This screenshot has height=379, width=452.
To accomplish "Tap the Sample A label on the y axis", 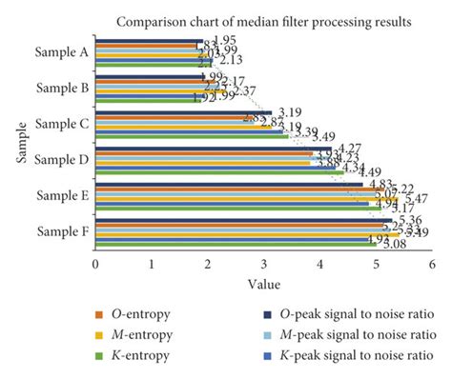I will [x=63, y=53].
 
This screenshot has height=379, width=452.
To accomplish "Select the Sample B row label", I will [x=63, y=89].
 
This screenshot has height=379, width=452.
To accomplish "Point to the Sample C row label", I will [x=63, y=124].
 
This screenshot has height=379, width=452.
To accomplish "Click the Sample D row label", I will [x=63, y=159].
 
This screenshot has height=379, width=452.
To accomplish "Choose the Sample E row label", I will [x=63, y=195].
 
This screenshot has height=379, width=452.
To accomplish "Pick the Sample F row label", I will [x=63, y=230].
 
